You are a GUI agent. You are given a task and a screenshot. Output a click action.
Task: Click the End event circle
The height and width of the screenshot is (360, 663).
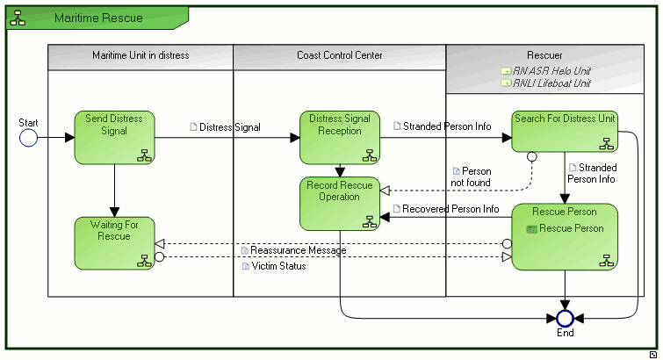565,317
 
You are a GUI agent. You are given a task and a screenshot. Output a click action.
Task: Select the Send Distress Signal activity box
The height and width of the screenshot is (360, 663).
114,137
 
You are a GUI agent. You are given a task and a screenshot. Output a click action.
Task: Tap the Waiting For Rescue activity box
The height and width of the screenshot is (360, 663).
114,242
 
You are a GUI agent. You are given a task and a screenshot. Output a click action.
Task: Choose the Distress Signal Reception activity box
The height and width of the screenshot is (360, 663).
340,137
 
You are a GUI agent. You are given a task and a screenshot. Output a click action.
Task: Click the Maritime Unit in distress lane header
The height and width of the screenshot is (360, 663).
141,55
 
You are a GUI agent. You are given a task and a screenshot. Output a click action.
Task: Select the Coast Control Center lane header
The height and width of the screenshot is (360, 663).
340,55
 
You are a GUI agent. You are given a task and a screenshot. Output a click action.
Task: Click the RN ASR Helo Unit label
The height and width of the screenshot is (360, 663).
551,70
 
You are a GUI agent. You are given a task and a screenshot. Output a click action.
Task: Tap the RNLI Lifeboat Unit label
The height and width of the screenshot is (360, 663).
551,83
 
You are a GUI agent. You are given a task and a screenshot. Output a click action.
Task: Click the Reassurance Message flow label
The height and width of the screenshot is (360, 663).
298,250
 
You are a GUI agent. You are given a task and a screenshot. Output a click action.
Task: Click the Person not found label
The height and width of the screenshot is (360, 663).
471,176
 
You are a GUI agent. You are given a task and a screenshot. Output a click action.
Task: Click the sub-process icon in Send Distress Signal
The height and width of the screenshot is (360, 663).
144,155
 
